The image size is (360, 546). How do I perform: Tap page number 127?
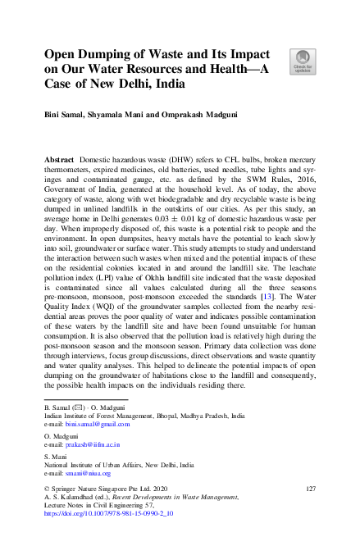coord(310,489)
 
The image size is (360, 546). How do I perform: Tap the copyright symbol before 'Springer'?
coord(48,489)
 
